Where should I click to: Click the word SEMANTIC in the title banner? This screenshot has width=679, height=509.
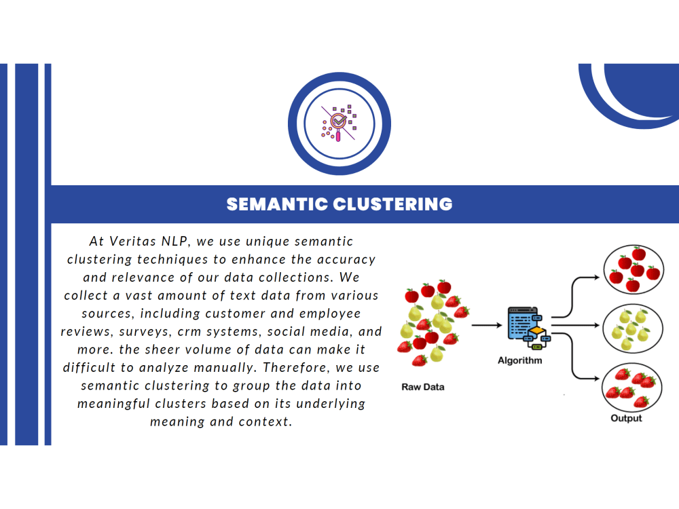tap(277, 204)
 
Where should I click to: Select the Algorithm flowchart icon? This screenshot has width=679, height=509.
tap(529, 328)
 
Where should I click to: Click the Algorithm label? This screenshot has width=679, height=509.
tap(519, 360)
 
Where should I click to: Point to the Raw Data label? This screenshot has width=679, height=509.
tap(422, 387)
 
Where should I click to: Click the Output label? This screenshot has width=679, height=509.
tap(626, 418)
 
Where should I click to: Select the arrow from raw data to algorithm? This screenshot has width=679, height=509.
tap(487, 325)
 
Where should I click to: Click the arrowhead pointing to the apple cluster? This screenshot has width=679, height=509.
tap(597, 277)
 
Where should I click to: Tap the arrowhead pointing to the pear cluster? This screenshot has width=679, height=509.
tap(597, 325)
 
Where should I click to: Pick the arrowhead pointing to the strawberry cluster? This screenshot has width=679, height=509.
tap(597, 379)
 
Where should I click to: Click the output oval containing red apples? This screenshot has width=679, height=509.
tap(634, 269)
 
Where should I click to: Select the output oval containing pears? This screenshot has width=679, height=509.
tap(633, 329)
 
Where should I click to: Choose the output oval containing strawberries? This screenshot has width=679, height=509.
tap(631, 388)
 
